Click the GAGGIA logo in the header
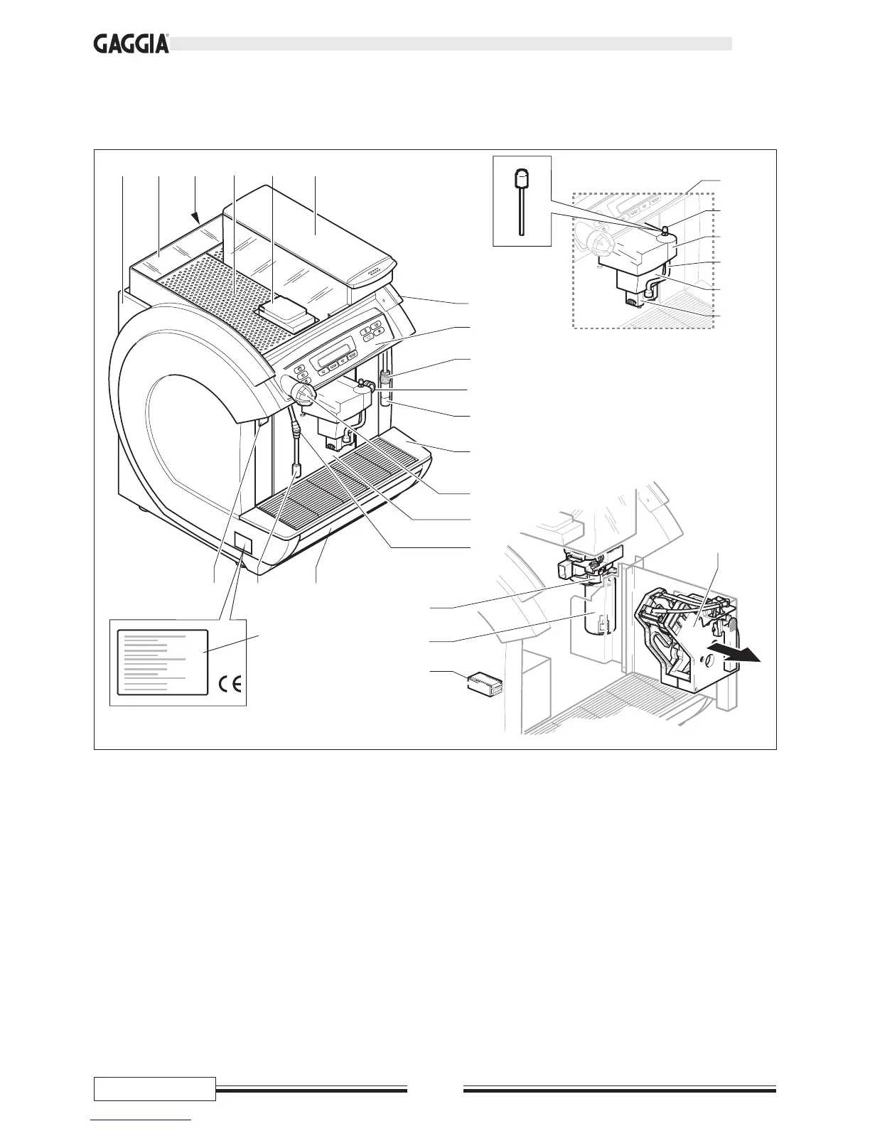131,44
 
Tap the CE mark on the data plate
230,685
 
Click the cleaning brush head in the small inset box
522,176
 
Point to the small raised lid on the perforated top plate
287,313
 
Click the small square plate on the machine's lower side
242,544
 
